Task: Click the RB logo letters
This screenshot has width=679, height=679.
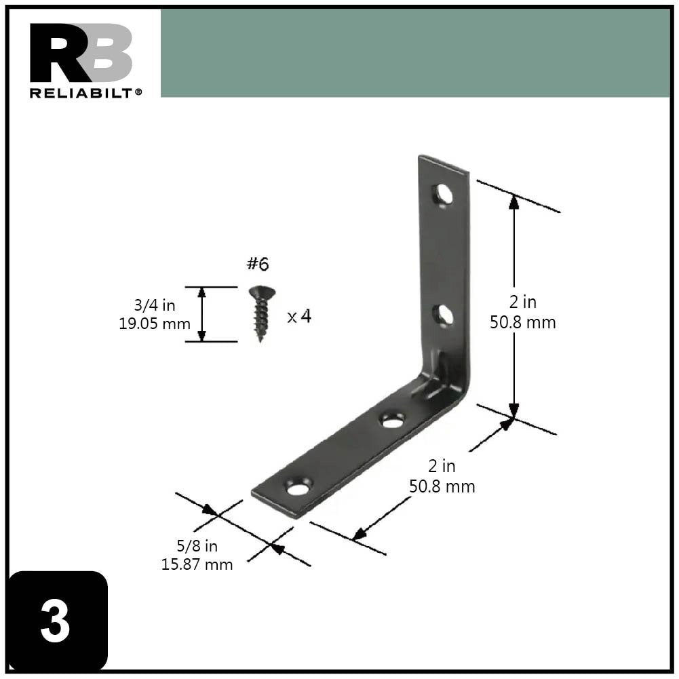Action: click(x=81, y=54)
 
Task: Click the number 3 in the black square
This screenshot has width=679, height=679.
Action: click(x=55, y=622)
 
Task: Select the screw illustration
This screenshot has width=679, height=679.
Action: click(x=261, y=313)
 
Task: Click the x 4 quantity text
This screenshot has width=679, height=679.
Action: click(x=299, y=316)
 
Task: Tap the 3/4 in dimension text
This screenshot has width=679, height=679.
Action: click(x=155, y=305)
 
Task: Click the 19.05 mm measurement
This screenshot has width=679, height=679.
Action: click(x=155, y=324)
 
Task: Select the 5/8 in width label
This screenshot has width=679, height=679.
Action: click(x=197, y=546)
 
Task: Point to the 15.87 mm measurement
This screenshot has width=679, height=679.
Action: click(x=197, y=564)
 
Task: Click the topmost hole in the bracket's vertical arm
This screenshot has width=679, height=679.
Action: click(x=444, y=195)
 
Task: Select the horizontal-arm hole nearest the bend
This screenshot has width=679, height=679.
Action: click(x=392, y=421)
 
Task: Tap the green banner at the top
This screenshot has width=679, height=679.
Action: click(x=414, y=53)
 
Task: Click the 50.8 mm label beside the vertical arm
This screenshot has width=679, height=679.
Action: click(x=523, y=323)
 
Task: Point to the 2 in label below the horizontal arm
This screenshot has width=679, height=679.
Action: click(x=442, y=467)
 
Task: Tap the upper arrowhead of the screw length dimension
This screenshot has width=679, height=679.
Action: click(x=201, y=292)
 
